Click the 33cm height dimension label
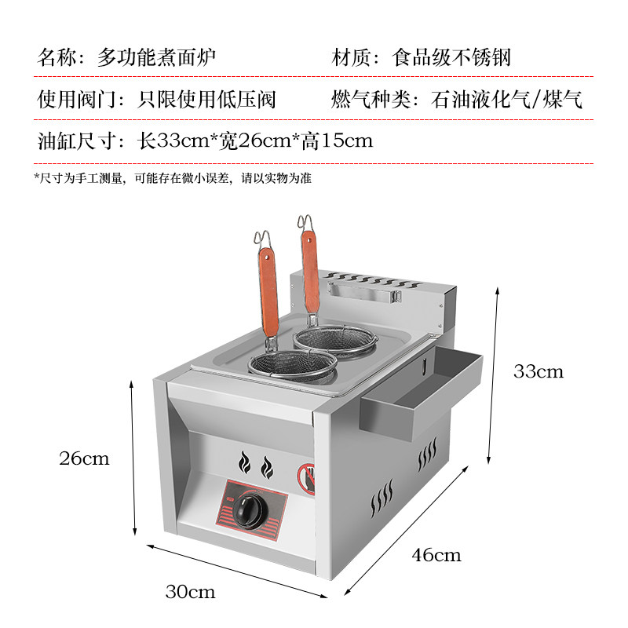click(538, 371)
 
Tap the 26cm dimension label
click(84, 458)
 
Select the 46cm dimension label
click(436, 556)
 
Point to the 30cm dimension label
click(190, 590)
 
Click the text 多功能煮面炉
click(156, 57)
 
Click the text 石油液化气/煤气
click(506, 100)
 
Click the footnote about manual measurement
click(173, 178)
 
